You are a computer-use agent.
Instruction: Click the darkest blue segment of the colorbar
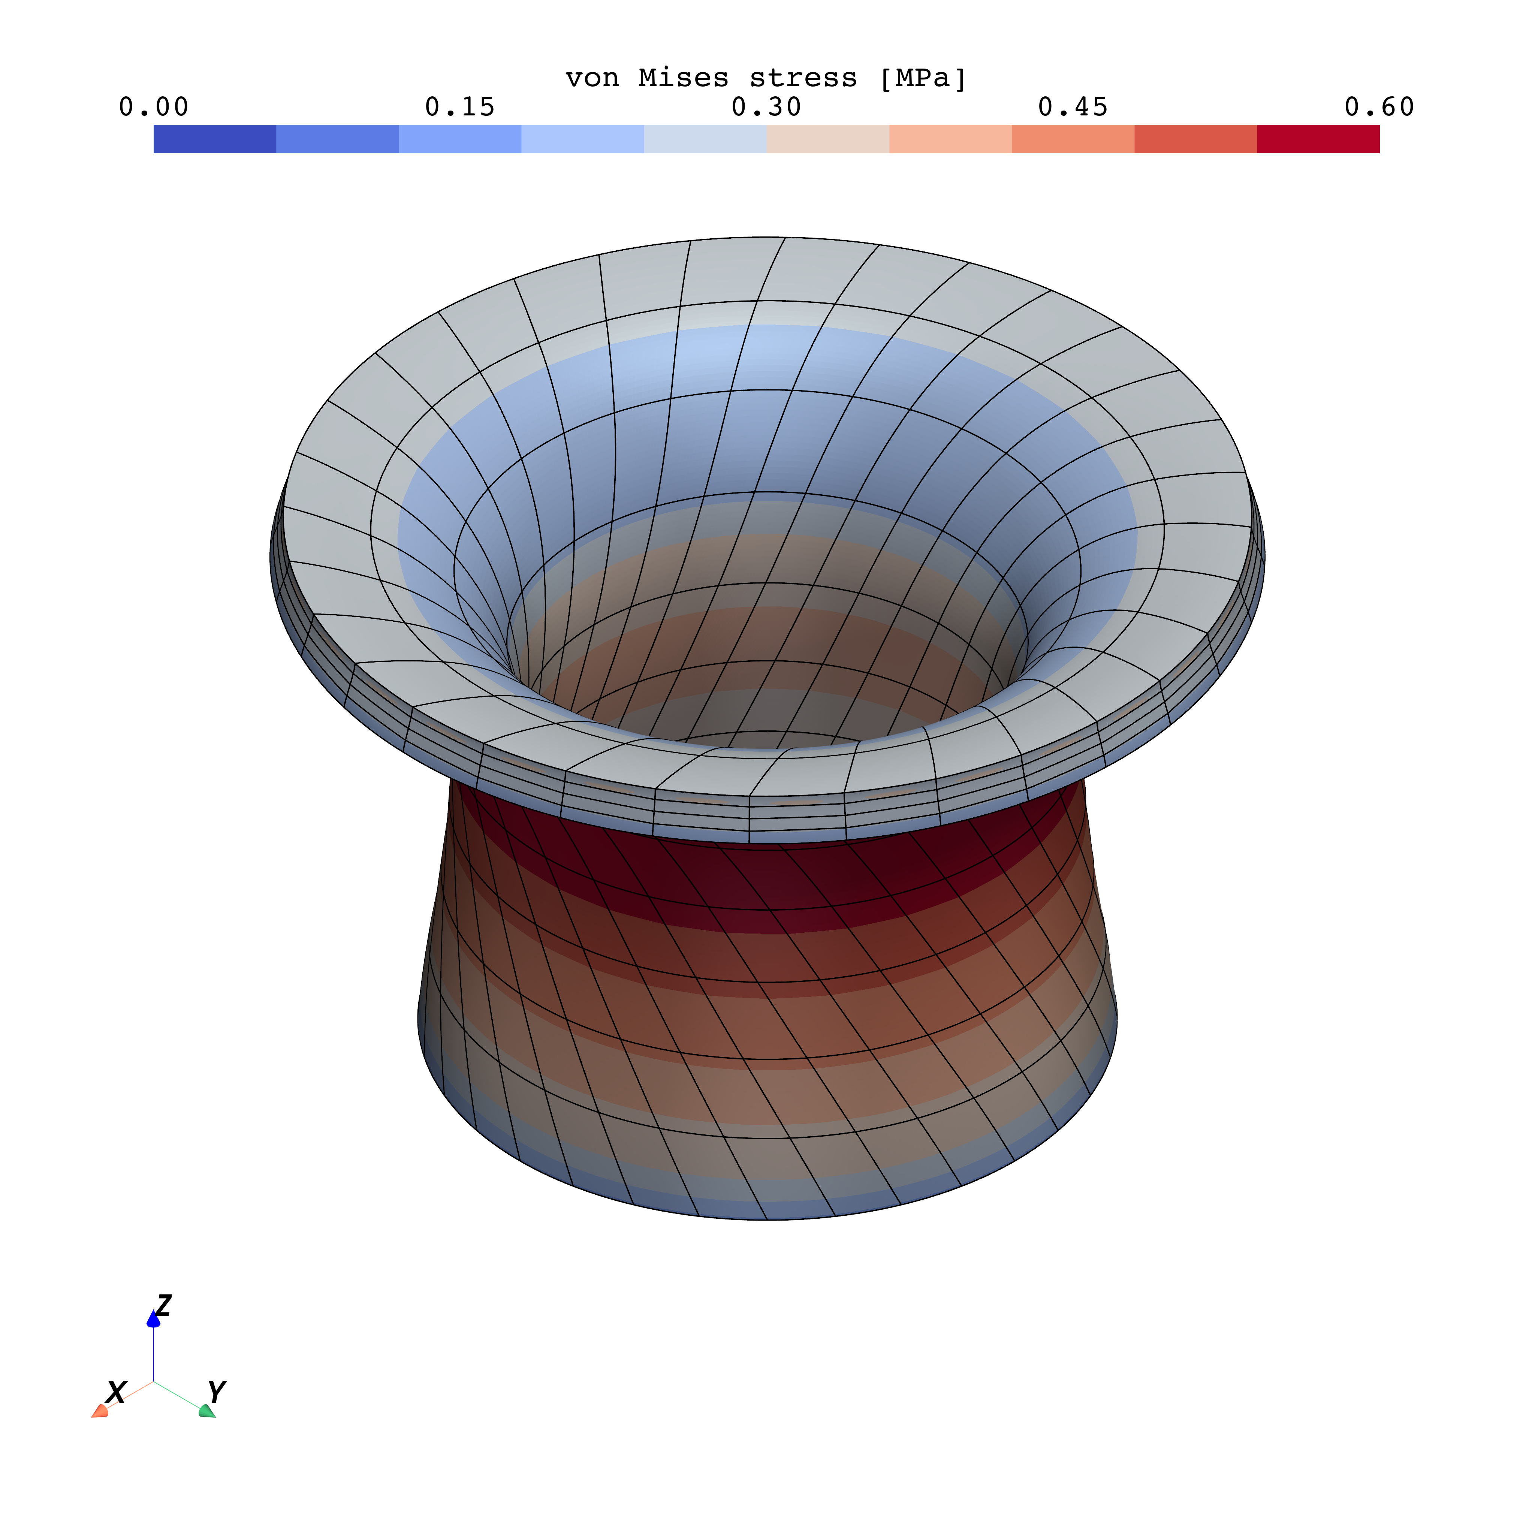tap(214, 139)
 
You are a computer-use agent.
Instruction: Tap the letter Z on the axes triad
tap(164, 1305)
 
